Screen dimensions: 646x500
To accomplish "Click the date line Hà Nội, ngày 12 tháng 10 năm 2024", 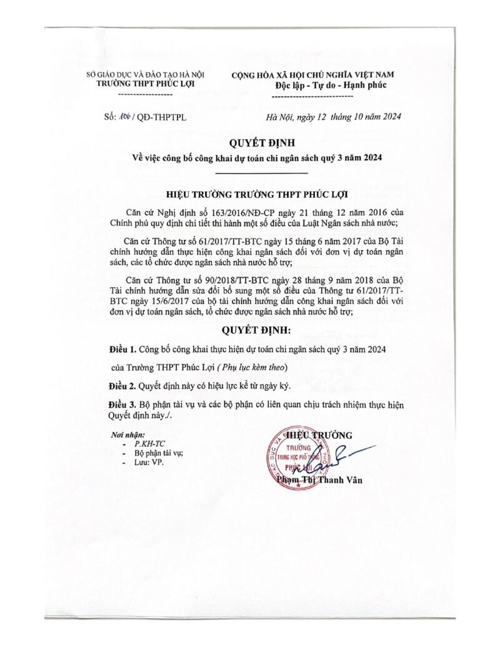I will click(x=333, y=117).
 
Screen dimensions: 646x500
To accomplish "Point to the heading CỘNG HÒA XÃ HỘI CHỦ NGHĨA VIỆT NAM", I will click(x=313, y=75).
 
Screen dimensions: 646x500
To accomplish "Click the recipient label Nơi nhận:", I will click(x=129, y=434).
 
